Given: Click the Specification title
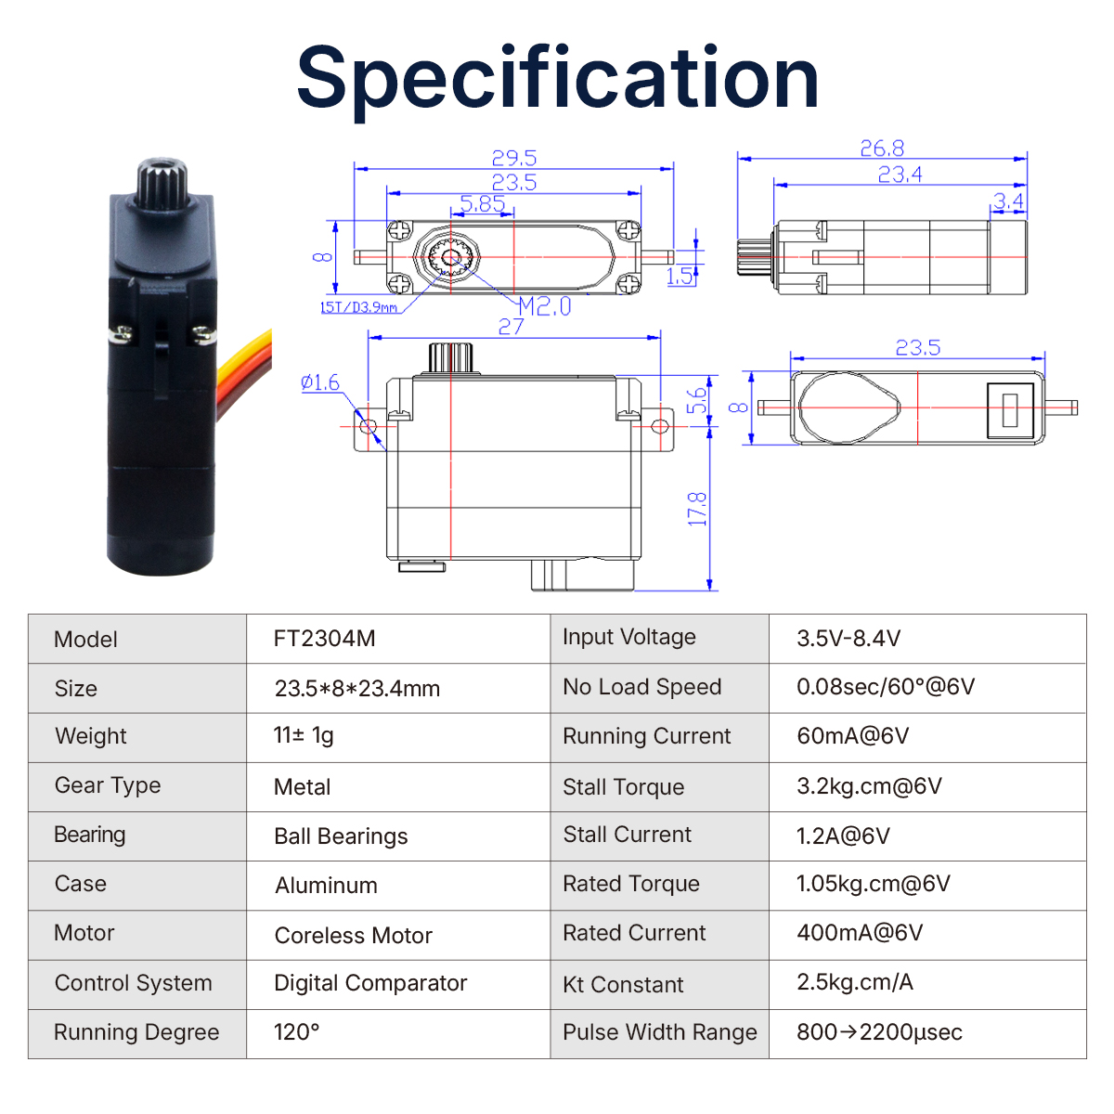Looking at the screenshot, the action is tap(557, 80).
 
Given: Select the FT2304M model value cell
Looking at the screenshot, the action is tap(324, 638).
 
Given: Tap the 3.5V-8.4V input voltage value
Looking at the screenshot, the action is tap(848, 638).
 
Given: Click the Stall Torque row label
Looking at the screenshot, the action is tap(623, 787).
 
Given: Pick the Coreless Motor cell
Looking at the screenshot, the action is tap(353, 935).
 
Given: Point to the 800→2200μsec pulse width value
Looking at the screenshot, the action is tap(879, 1032).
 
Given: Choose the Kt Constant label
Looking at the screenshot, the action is tap(623, 985).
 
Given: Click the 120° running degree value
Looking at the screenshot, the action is tap(296, 1032).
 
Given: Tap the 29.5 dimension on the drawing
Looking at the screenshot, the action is tap(514, 158).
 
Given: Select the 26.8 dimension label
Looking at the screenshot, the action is tap(882, 149).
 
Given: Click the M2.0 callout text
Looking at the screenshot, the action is tap(545, 306).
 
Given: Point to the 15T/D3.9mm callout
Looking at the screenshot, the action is tap(359, 307).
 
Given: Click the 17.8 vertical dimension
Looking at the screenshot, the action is tap(698, 510).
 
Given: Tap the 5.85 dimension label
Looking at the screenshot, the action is tap(483, 203).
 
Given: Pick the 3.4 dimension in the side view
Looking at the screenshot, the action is tap(1009, 201).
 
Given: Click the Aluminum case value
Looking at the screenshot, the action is tap(326, 885).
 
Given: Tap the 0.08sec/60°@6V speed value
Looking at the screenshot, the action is tap(886, 686).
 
